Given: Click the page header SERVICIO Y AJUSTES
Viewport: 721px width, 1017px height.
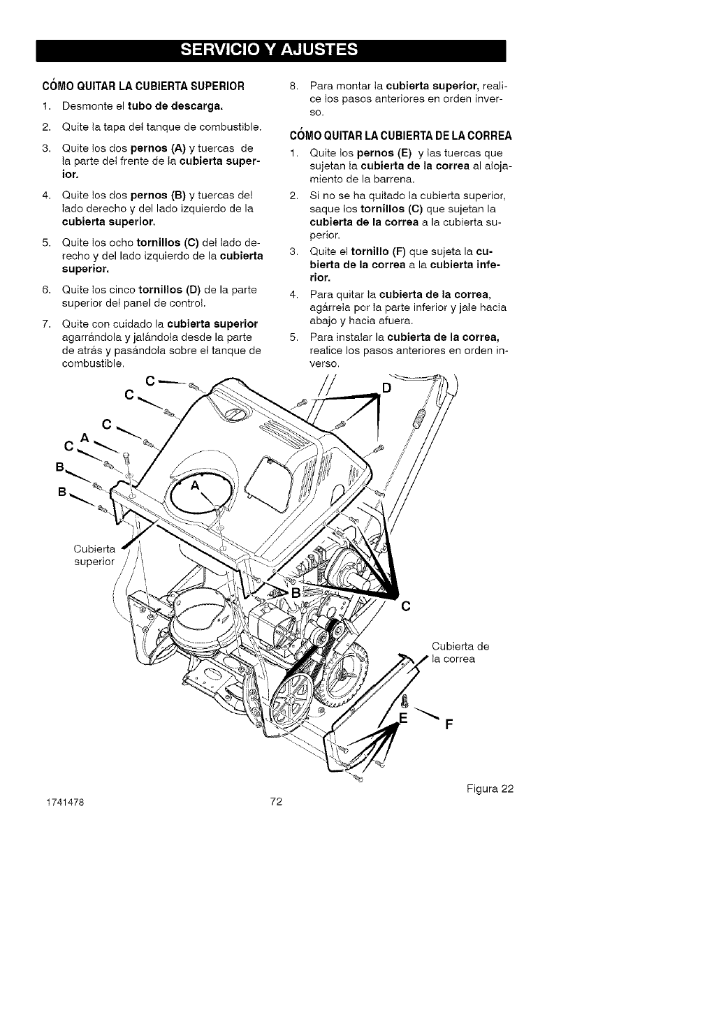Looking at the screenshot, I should tap(270, 50).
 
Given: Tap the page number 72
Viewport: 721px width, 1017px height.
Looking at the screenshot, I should tap(275, 802).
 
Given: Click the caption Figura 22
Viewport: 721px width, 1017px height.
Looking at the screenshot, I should tap(488, 789).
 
